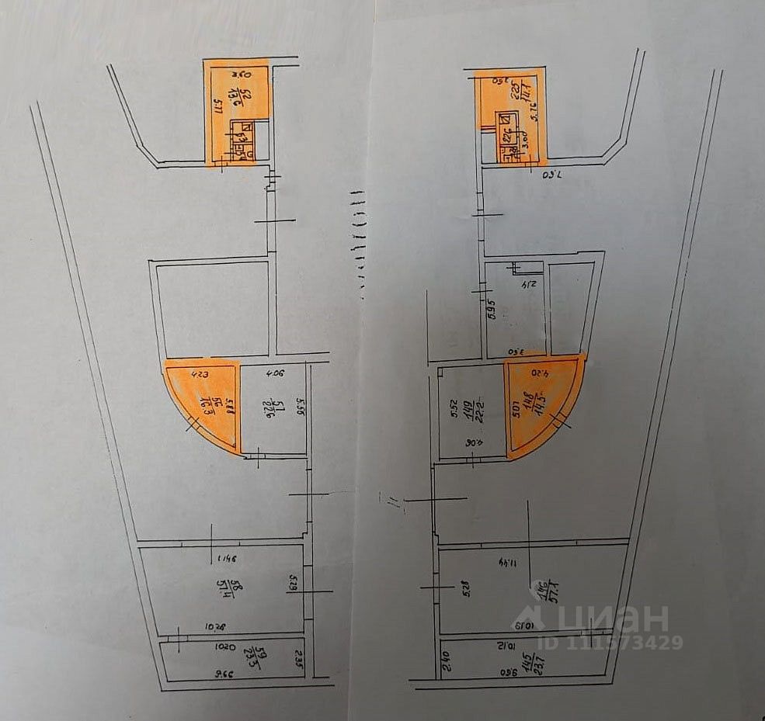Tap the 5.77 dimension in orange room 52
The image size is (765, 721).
(x=215, y=101)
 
